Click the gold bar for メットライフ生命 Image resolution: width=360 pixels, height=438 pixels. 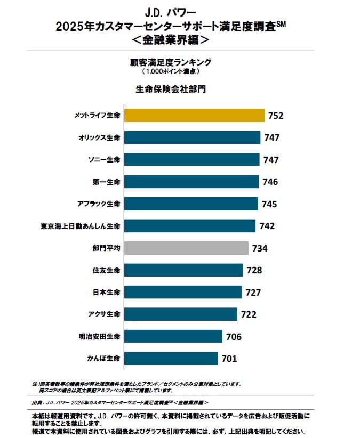(194, 116)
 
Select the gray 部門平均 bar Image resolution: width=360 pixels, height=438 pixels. (186, 248)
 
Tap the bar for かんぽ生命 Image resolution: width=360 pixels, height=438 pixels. (171, 359)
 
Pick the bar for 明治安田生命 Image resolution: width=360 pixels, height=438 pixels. (173, 337)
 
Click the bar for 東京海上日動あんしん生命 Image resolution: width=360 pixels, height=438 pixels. (189, 226)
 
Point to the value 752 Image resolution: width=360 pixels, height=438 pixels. (276, 116)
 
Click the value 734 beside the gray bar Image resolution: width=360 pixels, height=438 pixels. (260, 248)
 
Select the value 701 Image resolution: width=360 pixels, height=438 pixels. (229, 359)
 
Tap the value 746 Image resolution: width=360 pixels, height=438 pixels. (270, 182)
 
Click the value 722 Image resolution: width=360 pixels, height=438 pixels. (249, 314)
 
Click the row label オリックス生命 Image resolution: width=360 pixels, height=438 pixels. (100, 137)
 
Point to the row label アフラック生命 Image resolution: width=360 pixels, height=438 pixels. (100, 204)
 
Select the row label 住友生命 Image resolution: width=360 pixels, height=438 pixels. (106, 270)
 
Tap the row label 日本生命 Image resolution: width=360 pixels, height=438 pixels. (106, 293)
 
